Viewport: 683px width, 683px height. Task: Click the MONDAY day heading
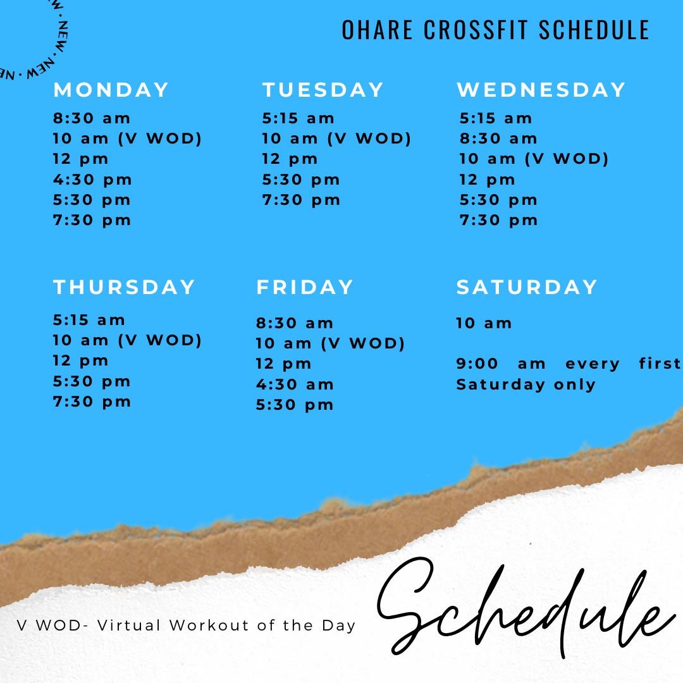coord(111,90)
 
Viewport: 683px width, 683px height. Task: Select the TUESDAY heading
coord(323,90)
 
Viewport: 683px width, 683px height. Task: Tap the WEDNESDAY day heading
coord(541,90)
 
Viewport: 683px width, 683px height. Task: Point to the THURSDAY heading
coord(124,287)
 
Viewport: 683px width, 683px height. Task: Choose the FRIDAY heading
coord(304,287)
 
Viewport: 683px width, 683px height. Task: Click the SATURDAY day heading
coord(527,287)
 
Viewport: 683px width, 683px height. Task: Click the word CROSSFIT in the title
coord(477,30)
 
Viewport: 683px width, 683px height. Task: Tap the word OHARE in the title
coord(377,30)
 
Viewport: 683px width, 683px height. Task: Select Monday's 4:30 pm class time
coord(92,180)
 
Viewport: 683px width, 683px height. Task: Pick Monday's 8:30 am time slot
coord(92,118)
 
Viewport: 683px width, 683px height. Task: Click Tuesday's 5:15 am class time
coord(298,118)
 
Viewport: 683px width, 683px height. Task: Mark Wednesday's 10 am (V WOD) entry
coord(534,159)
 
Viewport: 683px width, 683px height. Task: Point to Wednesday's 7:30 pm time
coord(499,221)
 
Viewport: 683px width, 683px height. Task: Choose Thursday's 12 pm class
coord(80,361)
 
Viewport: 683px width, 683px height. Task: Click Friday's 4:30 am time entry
coord(295,385)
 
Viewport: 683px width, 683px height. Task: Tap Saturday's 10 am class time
coord(484,323)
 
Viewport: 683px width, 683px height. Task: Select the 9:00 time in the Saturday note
coord(477,364)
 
